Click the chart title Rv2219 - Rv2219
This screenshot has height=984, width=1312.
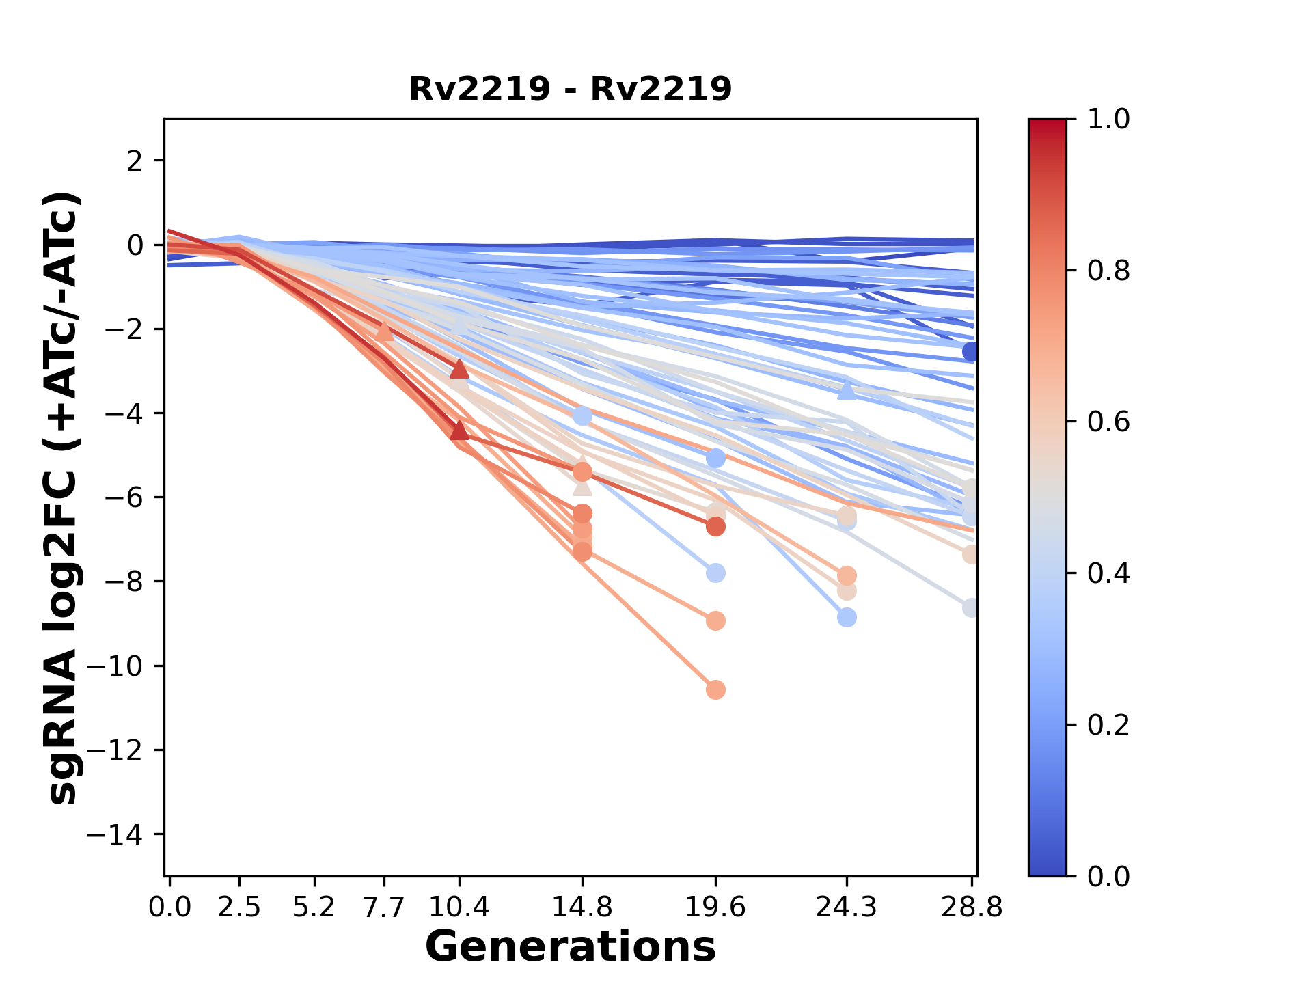coord(570,90)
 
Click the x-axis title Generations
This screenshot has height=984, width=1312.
coord(570,947)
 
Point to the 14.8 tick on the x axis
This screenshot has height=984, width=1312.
coord(582,907)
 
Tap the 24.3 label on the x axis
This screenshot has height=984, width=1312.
coord(847,907)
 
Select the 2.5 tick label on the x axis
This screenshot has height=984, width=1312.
coord(239,907)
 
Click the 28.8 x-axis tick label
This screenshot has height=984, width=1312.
coord(972,907)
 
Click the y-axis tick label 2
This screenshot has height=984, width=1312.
coord(135,161)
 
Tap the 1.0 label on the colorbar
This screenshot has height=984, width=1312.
coord(1108,120)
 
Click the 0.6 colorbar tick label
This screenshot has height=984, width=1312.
coord(1108,422)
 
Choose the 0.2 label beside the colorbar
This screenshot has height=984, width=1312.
coord(1108,725)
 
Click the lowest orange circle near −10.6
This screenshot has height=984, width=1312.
coord(715,690)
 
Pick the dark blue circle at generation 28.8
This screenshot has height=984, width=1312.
coord(971,352)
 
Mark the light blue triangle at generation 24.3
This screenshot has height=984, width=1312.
coord(847,390)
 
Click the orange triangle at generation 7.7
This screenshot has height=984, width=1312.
coord(384,331)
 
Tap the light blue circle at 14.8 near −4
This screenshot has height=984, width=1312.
coord(582,415)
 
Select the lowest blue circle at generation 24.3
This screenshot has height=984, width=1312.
coord(847,618)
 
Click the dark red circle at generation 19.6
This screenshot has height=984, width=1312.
coord(715,527)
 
